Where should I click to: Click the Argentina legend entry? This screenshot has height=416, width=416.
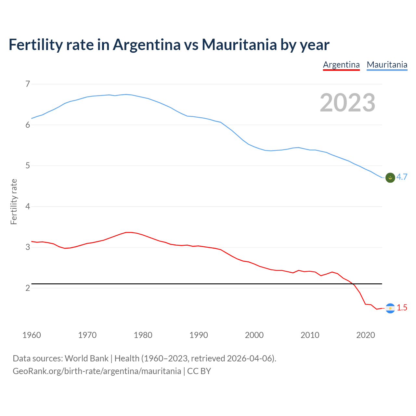coord(341,65)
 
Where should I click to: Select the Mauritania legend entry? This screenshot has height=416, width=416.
coord(387,65)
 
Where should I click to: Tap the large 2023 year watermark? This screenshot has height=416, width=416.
coord(347,103)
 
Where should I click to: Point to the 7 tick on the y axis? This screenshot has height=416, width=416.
coord(28,84)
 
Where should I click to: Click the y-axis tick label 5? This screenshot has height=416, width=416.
coord(28,166)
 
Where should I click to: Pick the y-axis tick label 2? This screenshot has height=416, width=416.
coord(28,288)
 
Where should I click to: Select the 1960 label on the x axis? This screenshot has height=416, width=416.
coord(32,335)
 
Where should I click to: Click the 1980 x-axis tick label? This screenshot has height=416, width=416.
coord(143,335)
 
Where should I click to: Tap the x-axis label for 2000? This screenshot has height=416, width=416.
coord(254,335)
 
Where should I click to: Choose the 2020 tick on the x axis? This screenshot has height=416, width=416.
coord(366,335)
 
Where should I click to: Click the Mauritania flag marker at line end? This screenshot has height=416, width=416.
coord(390,177)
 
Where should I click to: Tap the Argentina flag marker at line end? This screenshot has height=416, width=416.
coord(390,308)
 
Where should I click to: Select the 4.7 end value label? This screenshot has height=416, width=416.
coord(402,177)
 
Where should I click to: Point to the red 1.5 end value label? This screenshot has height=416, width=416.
coord(402,308)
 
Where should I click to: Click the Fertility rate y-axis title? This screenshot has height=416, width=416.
coord(14,201)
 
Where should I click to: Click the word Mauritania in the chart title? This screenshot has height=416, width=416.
coord(239,45)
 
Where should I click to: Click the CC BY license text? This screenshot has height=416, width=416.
coord(199,371)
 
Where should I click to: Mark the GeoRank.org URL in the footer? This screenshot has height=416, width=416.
coord(97,371)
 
